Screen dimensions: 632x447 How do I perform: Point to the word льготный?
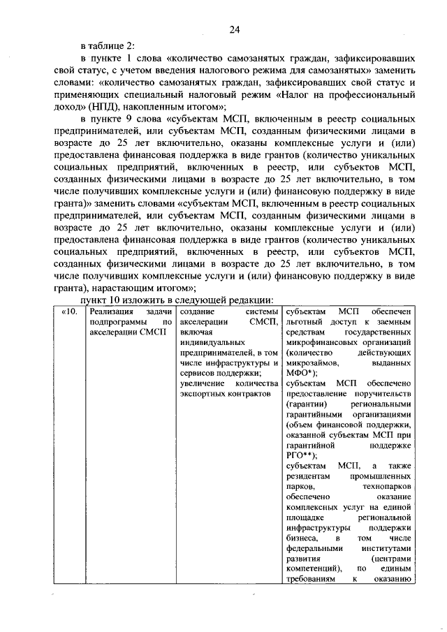click(x=306, y=321)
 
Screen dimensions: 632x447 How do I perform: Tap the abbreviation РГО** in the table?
click(x=304, y=453)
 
